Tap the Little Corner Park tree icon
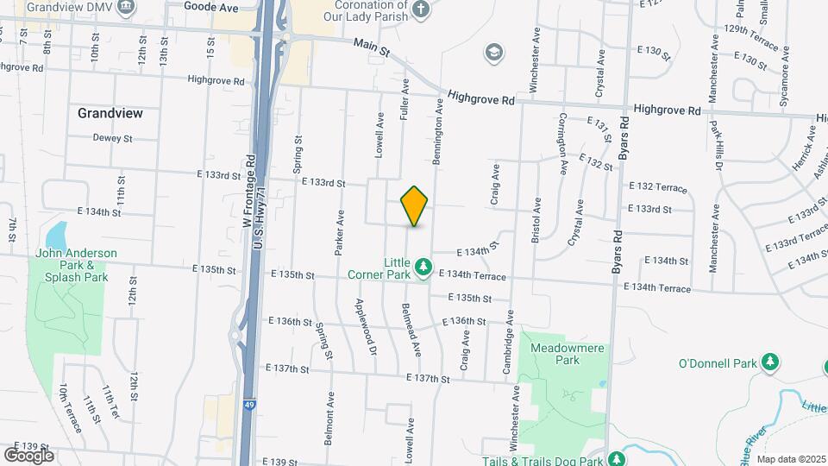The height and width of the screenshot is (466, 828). pos(423,268)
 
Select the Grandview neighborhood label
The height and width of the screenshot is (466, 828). pos(110,113)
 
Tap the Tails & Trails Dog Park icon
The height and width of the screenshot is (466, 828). pos(616,459)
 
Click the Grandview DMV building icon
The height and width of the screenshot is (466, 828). pos(127,7)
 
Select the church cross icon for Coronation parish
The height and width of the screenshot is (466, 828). pos(421,9)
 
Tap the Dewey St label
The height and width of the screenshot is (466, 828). pos(112,138)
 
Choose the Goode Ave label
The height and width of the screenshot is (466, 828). pos(211,7)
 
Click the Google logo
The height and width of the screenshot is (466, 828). pos(28,455)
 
